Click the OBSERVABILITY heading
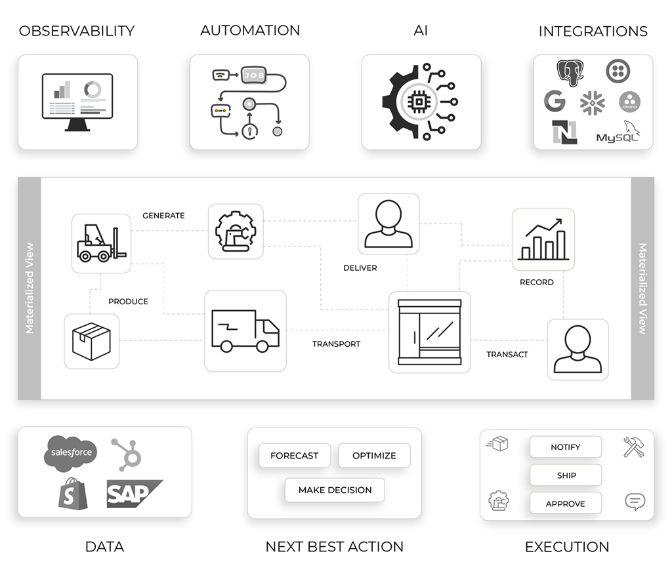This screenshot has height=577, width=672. (x=77, y=31)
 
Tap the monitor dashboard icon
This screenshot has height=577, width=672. (x=77, y=102)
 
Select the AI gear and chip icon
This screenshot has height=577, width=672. (x=420, y=102)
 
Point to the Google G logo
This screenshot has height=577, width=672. (x=555, y=101)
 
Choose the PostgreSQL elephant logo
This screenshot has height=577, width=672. (x=570, y=73)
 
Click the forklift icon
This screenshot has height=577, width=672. (x=101, y=243)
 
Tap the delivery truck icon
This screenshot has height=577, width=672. (x=245, y=330)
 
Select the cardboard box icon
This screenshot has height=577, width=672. (x=91, y=341)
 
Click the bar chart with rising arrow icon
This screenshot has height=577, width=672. (x=543, y=239)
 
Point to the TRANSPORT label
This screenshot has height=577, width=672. (x=336, y=344)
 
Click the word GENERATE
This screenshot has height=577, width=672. (x=163, y=216)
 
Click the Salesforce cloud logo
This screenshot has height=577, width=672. (x=71, y=452)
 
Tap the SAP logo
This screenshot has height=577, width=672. (x=134, y=494)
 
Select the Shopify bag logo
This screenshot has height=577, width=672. (x=73, y=494)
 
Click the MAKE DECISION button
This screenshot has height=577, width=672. (x=335, y=490)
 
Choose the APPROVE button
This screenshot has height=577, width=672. (x=565, y=504)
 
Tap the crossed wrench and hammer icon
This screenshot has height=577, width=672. (x=633, y=447)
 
